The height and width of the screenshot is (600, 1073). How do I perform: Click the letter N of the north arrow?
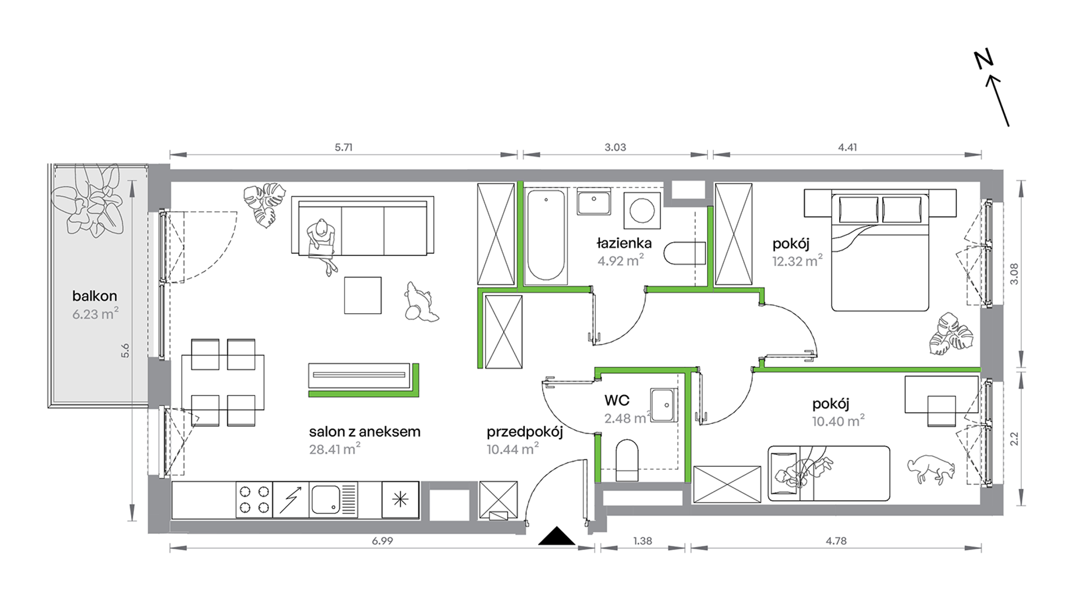point(984,59)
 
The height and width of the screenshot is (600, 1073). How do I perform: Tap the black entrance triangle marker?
point(557,536)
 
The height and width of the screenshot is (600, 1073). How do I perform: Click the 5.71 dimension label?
point(343,147)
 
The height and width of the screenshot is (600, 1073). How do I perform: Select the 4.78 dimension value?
point(836,541)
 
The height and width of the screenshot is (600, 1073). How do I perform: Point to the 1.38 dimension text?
point(642,541)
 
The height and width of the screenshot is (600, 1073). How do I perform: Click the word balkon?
point(94,296)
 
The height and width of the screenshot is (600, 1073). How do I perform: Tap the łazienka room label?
point(624,243)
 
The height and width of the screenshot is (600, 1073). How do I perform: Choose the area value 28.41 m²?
point(334,449)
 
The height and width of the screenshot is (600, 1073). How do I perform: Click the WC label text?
point(617,400)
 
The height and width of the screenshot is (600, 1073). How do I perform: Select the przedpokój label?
point(525,432)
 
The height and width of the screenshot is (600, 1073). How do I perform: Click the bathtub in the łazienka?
point(546,235)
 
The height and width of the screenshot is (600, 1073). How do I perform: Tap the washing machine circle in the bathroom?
point(642,211)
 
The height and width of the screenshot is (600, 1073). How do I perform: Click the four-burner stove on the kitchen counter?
point(254,500)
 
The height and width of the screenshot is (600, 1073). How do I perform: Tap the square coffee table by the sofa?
point(363,295)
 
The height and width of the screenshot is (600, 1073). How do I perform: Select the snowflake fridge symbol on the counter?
point(400,499)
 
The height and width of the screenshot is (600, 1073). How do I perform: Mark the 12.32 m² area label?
point(797,261)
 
